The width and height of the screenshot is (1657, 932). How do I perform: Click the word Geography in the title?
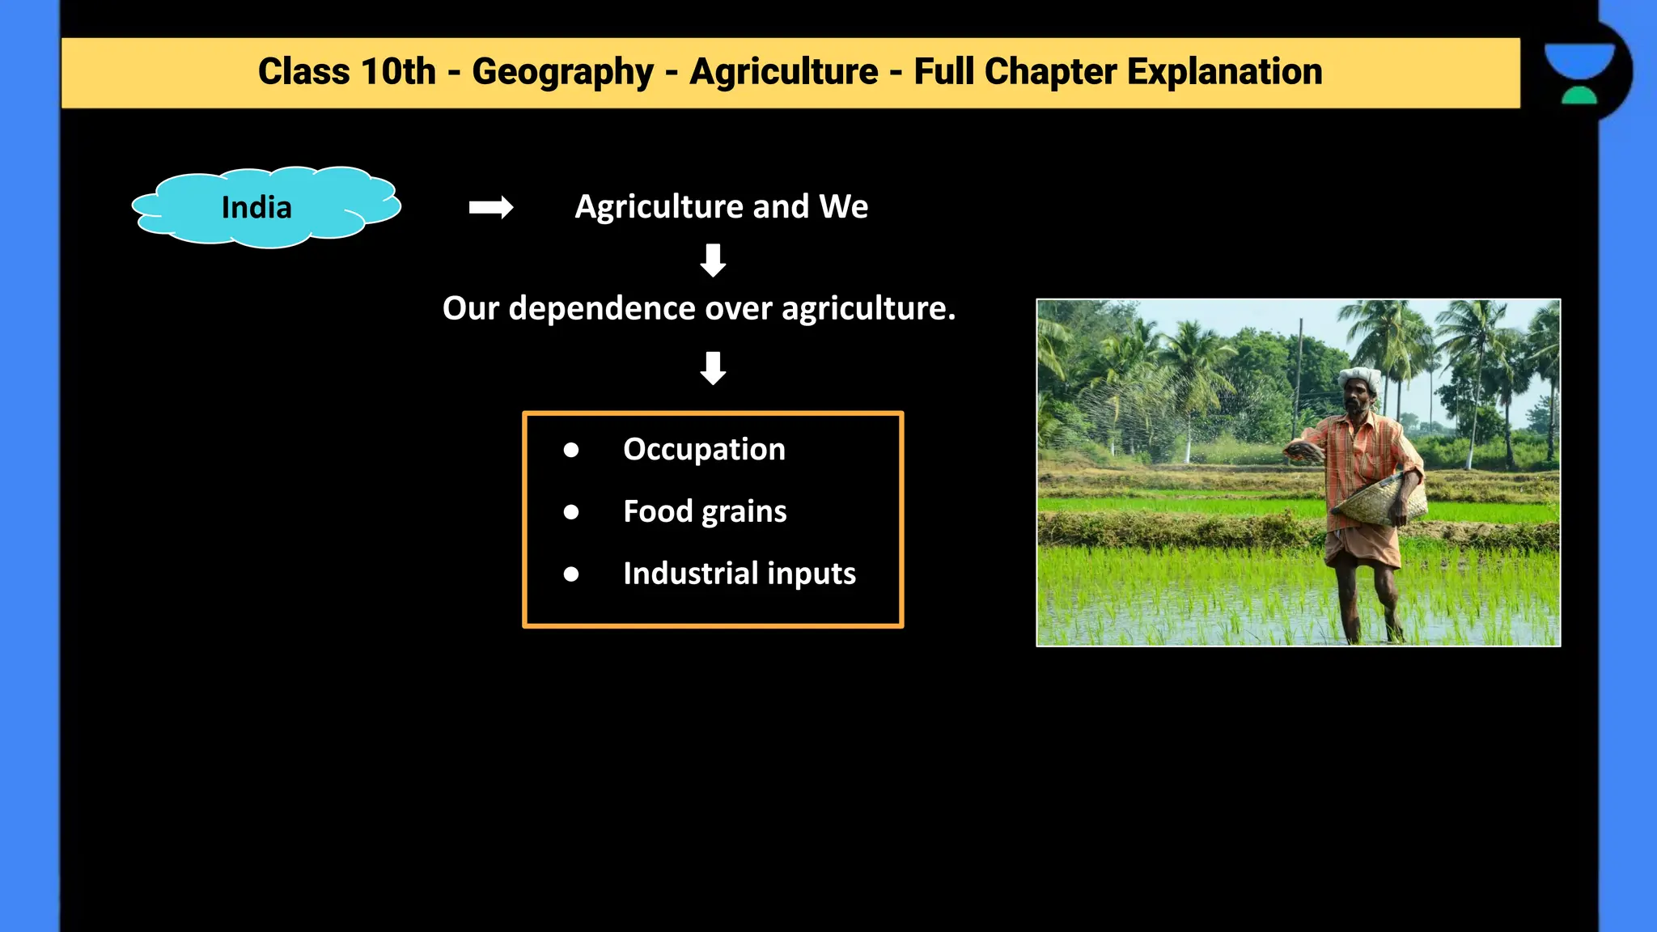click(562, 72)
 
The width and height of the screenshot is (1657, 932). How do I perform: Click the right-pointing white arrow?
click(490, 208)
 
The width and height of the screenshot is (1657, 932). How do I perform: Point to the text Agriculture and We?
click(721, 207)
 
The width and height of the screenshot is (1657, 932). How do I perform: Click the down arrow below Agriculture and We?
click(713, 261)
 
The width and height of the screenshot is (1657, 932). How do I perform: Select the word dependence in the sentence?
click(602, 308)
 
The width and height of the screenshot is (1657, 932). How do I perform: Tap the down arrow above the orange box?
click(713, 368)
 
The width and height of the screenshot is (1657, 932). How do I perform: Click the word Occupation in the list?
click(704, 449)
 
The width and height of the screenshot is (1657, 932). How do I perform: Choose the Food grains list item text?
click(705, 511)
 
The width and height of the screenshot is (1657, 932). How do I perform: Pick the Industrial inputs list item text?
click(739, 574)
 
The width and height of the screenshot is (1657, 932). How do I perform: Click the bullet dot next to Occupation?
click(571, 450)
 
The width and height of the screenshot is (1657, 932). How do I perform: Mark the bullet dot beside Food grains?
click(571, 512)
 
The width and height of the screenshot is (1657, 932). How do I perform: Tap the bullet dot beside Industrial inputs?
click(571, 574)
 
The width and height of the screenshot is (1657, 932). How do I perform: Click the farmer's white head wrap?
click(1360, 378)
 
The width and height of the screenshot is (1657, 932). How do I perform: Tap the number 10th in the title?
click(398, 72)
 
